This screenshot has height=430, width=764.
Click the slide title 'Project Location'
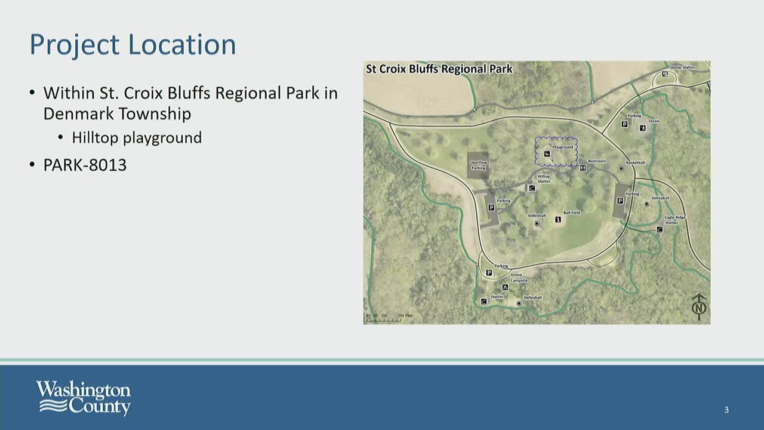pos(133,45)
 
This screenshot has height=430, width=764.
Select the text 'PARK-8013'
pos(85,165)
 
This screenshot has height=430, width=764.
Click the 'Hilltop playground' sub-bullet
pos(137,138)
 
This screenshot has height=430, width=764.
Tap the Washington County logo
pos(83,398)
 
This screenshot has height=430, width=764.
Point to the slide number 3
pos(726,410)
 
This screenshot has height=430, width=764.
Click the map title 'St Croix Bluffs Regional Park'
pos(439,69)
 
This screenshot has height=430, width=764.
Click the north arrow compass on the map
pos(699,306)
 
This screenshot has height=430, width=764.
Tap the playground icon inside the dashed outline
pos(547,153)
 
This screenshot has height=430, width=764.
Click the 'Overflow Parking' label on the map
pos(478,165)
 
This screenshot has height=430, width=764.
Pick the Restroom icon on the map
pos(583,168)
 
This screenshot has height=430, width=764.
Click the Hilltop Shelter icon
pos(532,188)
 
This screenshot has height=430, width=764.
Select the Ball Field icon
pos(558,220)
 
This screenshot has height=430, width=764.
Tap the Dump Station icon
pos(665,74)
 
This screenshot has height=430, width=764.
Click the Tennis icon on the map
pos(643,128)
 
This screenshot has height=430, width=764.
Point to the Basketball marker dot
pos(621,169)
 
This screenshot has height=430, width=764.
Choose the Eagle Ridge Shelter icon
pos(660,229)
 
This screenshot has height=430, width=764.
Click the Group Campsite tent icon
pos(505,287)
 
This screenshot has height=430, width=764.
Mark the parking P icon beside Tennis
pos(624,124)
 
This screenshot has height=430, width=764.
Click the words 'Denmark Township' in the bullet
pos(117,113)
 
